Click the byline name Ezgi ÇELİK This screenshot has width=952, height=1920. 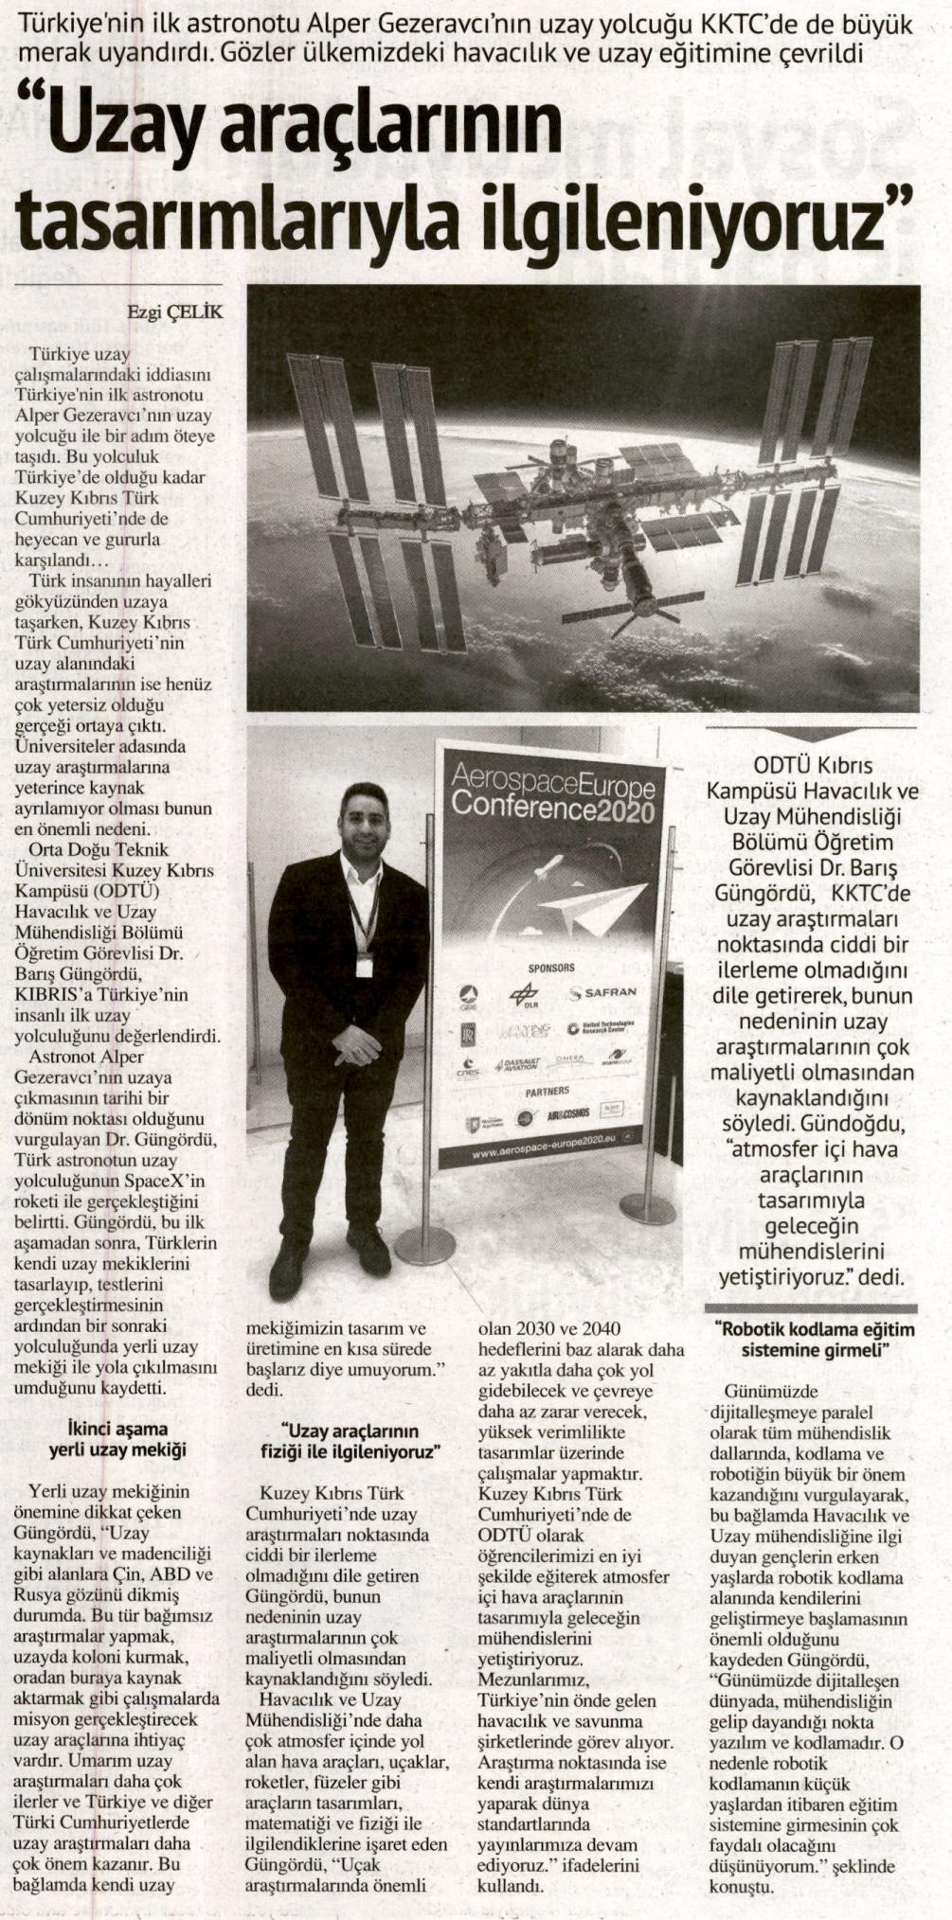(x=175, y=310)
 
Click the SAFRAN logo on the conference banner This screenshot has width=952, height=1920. (x=603, y=993)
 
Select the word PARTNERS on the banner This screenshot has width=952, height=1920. (x=548, y=1092)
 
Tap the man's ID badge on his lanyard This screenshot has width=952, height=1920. (x=363, y=967)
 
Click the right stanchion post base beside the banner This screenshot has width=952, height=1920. (x=647, y=1208)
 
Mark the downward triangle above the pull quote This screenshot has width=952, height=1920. (x=812, y=735)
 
